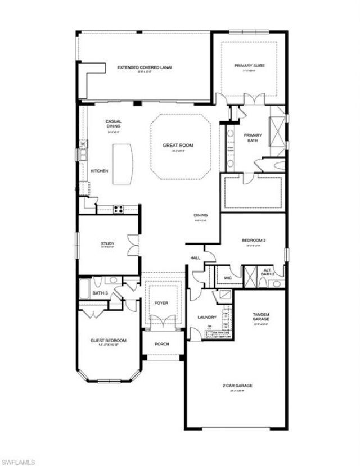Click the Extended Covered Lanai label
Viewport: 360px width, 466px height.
tap(145, 67)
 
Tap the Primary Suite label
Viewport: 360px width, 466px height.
tap(249, 66)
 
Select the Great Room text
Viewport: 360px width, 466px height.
tap(178, 146)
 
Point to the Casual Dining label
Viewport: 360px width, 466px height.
tap(113, 124)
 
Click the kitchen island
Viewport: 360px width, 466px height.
tap(120, 164)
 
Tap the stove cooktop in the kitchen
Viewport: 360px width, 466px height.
tap(119, 209)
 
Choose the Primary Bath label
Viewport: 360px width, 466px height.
tap(253, 138)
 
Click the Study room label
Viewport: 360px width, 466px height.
tap(107, 244)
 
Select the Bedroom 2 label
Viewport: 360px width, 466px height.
tap(254, 241)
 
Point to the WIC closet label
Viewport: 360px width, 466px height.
tap(228, 277)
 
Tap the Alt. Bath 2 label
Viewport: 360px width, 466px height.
tap(268, 273)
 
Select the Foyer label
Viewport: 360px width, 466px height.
tap(161, 304)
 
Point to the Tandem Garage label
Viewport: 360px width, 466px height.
tap(260, 316)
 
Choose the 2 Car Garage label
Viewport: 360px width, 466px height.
tap(236, 386)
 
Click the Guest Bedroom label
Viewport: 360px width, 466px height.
tap(109, 341)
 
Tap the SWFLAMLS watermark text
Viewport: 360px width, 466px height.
tap(18, 462)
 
